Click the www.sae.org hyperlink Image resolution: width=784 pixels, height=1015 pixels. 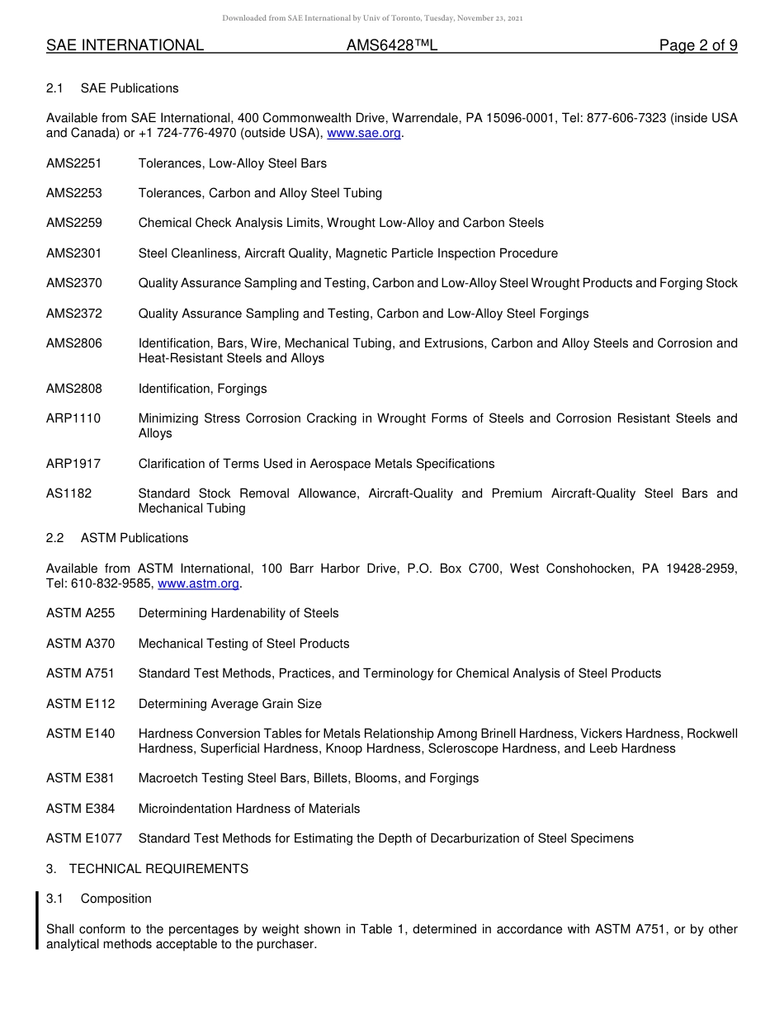click(x=364, y=133)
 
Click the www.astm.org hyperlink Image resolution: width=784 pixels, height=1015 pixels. click(x=198, y=583)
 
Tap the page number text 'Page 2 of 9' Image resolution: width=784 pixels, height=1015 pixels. click(x=697, y=45)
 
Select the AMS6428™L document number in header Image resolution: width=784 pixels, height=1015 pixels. click(x=391, y=45)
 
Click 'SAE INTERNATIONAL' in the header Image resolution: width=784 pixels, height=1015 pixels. click(x=125, y=45)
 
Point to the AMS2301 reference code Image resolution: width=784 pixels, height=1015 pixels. click(x=74, y=253)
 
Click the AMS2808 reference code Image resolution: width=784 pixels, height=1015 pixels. click(x=74, y=389)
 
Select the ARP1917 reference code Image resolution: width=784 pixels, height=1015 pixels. click(x=73, y=464)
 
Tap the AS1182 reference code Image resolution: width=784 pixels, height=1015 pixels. click(x=69, y=493)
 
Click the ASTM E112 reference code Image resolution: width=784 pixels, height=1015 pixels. click(x=81, y=704)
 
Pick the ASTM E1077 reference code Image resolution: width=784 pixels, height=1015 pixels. click(x=84, y=838)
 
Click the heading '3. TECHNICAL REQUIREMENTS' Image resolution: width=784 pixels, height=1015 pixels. click(x=147, y=869)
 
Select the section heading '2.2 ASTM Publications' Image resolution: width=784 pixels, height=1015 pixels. click(x=117, y=538)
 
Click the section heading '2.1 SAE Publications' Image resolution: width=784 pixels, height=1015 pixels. click(x=112, y=88)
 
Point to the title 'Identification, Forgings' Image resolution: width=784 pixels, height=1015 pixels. click(x=202, y=389)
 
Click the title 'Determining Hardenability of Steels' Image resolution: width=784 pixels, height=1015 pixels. click(x=239, y=613)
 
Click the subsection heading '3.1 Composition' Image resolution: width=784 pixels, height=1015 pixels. click(x=99, y=899)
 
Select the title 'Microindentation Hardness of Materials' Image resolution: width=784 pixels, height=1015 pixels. click(x=249, y=809)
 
